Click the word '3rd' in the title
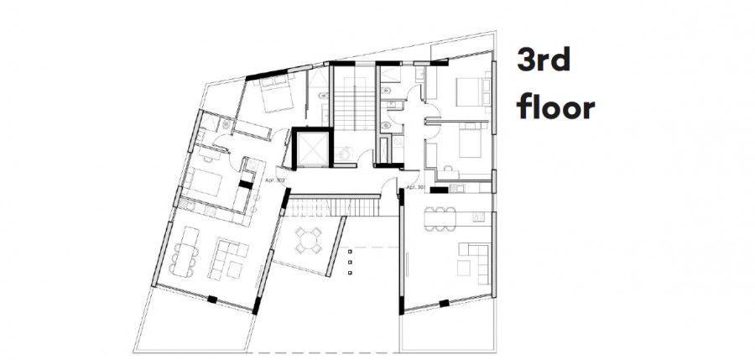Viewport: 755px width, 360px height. coord(546,62)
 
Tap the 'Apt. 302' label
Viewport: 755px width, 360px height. coord(276,180)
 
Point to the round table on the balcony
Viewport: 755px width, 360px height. coord(309,240)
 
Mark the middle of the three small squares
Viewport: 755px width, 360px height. coord(349,260)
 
